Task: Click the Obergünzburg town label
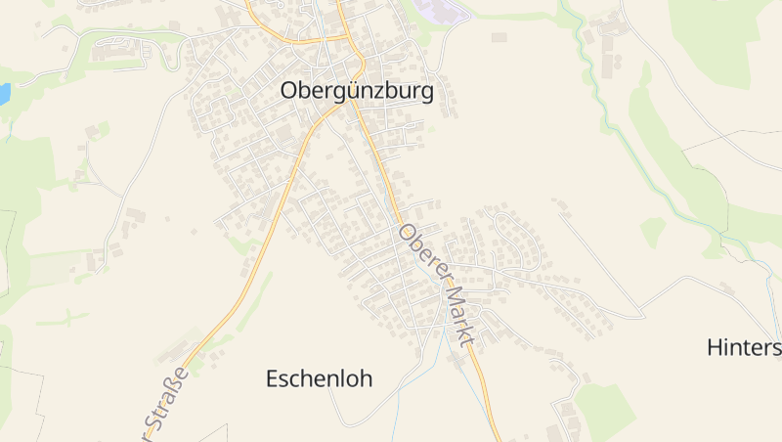pos(356,90)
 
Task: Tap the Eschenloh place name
pos(319,379)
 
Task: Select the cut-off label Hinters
pos(743,347)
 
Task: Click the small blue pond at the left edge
pos(4,94)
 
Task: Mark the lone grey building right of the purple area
pos(500,37)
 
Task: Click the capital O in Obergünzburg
pos(289,90)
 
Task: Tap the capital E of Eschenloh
pos(273,379)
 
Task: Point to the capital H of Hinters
pos(715,347)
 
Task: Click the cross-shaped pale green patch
pos(63,318)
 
